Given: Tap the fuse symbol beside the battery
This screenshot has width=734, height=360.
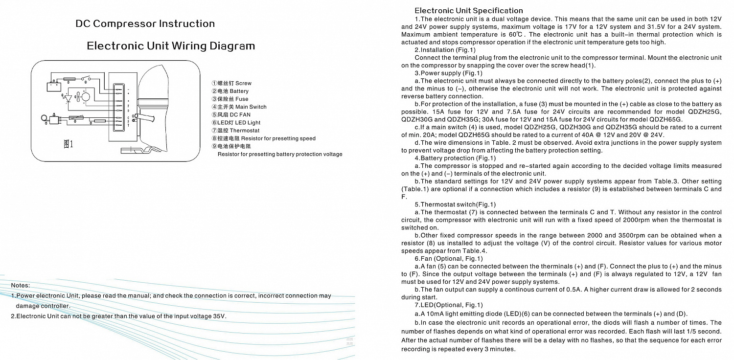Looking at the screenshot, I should click(69, 78).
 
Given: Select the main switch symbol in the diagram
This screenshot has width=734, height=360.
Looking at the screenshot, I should click(87, 78).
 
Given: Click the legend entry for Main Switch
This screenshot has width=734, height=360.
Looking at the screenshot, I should click(239, 107).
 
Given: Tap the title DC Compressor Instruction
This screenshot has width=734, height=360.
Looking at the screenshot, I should click(145, 23).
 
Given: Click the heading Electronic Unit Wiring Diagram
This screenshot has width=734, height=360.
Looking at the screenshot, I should click(171, 46).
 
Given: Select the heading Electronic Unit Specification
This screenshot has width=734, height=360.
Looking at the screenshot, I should click(468, 10).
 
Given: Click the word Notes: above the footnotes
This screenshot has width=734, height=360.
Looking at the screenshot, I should click(20, 285).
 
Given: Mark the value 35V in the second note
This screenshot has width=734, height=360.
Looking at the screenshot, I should click(220, 316).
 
